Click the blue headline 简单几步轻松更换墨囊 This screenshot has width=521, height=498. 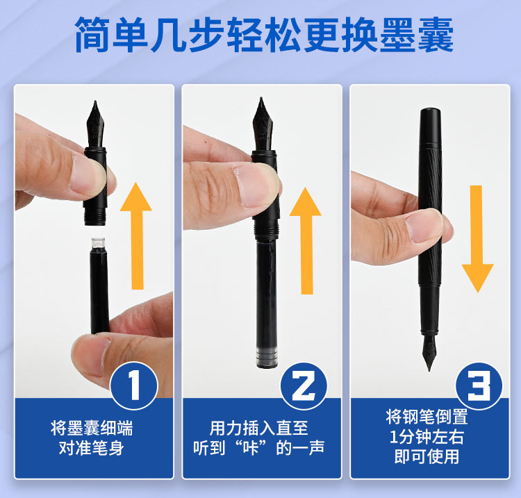click(x=264, y=35)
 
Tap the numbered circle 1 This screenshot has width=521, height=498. click(x=134, y=385)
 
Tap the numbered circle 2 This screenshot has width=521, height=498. click(x=304, y=386)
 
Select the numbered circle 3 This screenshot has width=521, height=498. click(x=479, y=386)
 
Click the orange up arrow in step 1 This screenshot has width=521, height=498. click(x=136, y=236)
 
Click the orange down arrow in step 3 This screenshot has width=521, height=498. click(x=477, y=239)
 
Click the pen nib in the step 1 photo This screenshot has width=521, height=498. click(x=95, y=124)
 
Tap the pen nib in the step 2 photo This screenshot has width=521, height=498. click(x=263, y=124)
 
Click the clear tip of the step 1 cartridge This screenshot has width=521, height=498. click(x=99, y=242)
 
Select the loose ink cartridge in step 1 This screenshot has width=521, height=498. click(x=99, y=285)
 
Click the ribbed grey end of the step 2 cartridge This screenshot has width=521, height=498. click(x=267, y=357)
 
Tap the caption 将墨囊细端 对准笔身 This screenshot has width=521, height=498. click(x=92, y=438)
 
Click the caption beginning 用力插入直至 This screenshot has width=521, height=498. click(x=259, y=438)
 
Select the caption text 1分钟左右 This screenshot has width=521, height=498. click(x=427, y=437)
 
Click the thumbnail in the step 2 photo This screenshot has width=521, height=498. click(x=256, y=184)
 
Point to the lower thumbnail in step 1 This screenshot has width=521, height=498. click(x=90, y=356)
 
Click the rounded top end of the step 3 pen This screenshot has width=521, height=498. click(x=430, y=112)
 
